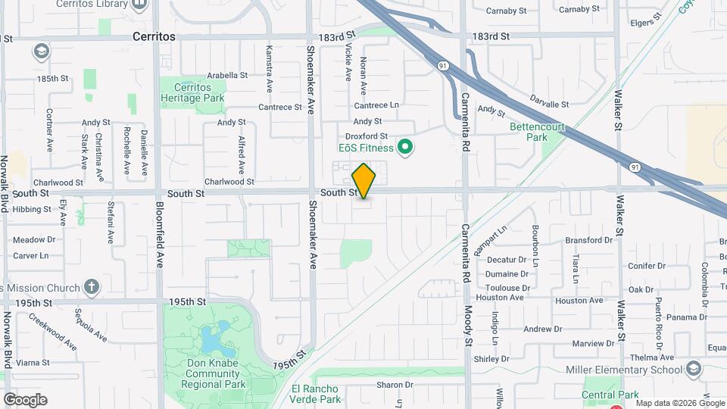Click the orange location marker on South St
pos(363,181)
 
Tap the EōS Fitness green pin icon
pos(405,147)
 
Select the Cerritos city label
pos(154,36)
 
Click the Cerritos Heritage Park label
pos(192,92)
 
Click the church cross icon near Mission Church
pos(92,287)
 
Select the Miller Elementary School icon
pos(693,369)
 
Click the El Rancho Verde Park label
pos(317,394)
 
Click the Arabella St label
pos(227,75)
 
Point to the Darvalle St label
pos(549,104)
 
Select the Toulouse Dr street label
pos(507,288)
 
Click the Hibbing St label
pos(31,209)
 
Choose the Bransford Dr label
pos(588,240)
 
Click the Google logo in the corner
pos(25,399)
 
